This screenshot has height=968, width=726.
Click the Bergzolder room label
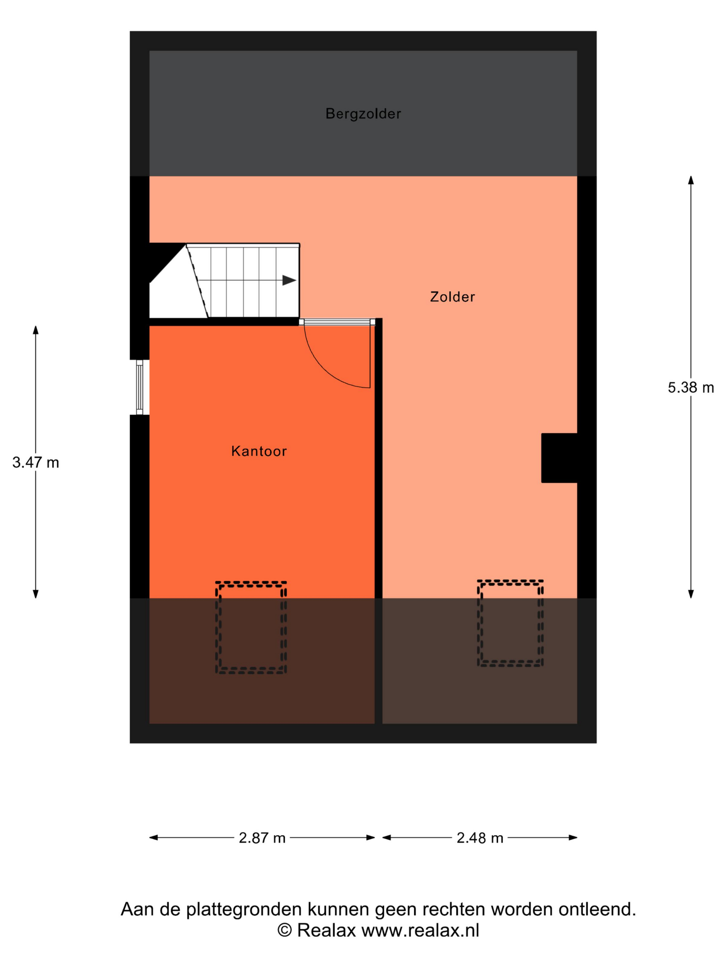pos(363,114)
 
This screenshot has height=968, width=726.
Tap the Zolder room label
pos(452,297)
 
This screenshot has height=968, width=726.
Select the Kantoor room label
pos(259,451)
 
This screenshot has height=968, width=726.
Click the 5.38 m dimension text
pos(690,387)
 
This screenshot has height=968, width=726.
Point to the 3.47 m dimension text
pos(36,462)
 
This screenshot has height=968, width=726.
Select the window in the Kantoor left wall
pos(140,387)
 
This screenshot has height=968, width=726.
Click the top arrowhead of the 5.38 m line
pos(690,180)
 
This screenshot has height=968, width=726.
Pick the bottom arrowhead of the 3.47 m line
pos(36,594)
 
